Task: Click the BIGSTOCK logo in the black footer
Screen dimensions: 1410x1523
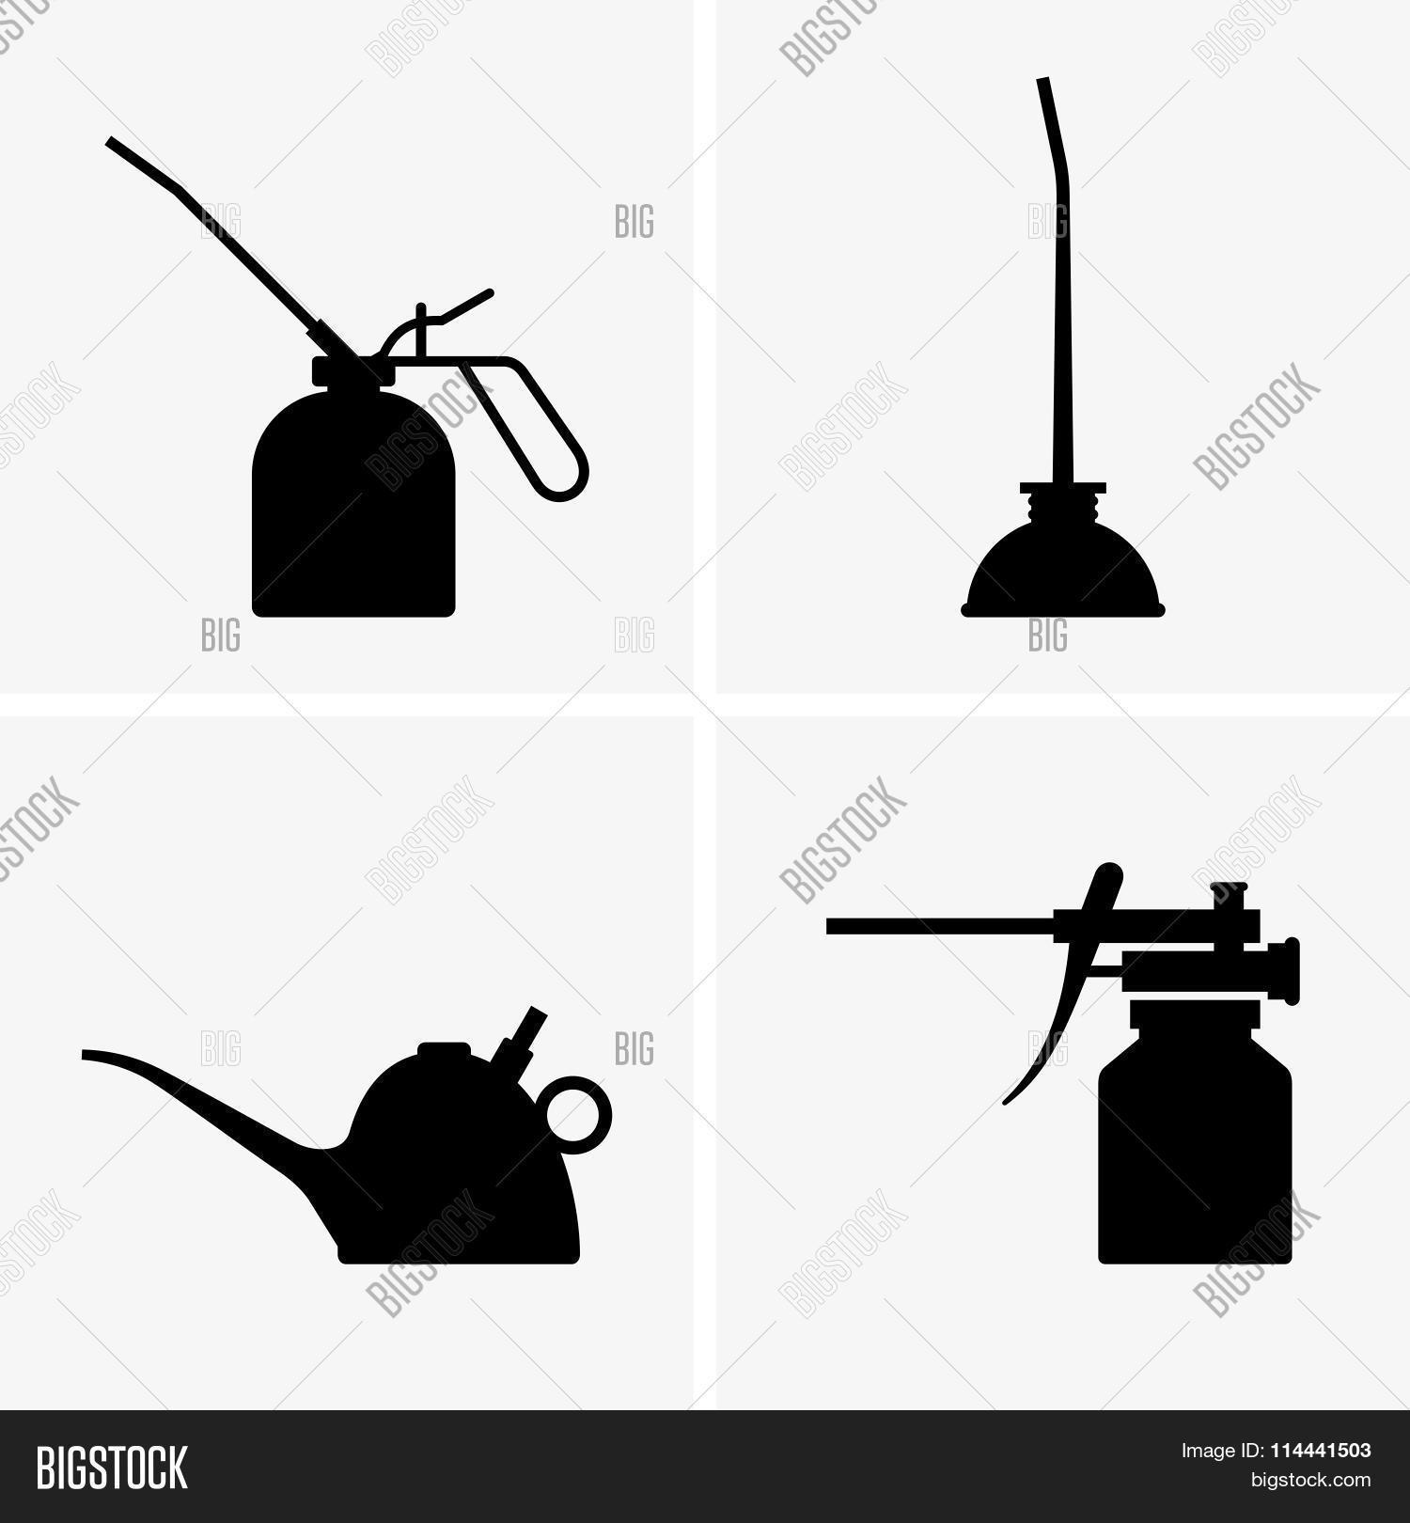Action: coord(112,1467)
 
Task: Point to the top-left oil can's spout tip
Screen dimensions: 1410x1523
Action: coord(111,142)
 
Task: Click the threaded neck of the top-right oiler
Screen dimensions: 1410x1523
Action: coord(1063,509)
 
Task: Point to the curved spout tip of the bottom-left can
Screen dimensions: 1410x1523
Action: coord(86,1054)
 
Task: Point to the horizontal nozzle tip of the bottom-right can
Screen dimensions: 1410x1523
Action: coord(831,926)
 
